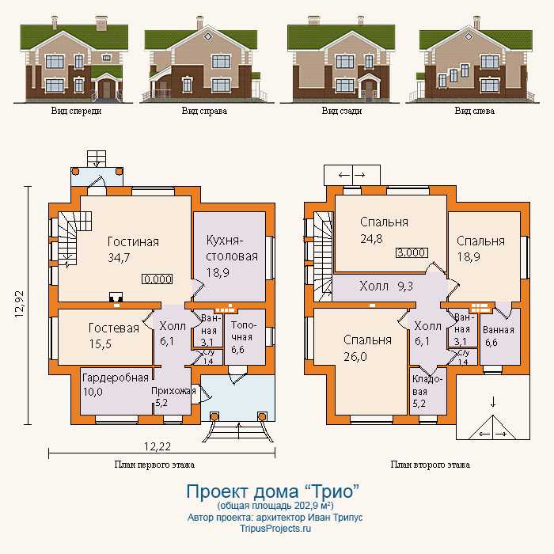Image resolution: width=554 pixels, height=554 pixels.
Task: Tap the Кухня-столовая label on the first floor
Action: pos(232,256)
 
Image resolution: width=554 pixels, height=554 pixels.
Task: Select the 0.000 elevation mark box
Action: pos(157,279)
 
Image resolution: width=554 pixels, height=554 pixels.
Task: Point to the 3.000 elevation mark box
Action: pos(412,252)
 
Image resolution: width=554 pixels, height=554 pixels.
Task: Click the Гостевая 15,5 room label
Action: pos(113,336)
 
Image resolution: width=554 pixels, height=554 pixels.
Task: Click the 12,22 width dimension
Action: pos(157,446)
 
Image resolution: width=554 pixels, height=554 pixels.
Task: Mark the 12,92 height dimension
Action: pos(20,304)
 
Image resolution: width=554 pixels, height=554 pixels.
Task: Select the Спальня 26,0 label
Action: pos(367,348)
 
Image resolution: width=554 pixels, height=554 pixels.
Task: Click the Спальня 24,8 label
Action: pos(384,230)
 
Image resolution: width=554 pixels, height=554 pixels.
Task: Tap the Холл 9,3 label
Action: pos(386,286)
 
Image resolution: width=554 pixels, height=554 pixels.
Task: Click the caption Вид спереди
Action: pos(76,111)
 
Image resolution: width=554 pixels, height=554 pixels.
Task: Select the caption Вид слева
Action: pos(475,111)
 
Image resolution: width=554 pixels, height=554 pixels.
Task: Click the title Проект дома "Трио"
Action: pos(273,491)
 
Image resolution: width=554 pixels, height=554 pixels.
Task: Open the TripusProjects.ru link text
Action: pos(275,529)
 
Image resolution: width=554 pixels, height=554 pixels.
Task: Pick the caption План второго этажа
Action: pos(431,465)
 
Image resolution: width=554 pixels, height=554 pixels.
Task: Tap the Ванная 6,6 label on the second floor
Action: pos(498,336)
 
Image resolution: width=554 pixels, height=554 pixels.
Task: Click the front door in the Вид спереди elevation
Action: pos(106,89)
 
